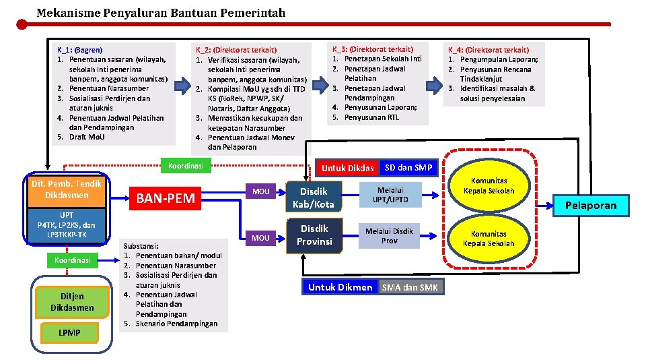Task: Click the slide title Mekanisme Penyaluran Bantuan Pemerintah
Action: pyautogui.click(x=161, y=13)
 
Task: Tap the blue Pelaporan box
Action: pyautogui.click(x=590, y=205)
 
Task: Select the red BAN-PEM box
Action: pyautogui.click(x=166, y=198)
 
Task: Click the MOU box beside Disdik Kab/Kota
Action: pyautogui.click(x=260, y=191)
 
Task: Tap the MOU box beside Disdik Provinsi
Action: pyautogui.click(x=260, y=237)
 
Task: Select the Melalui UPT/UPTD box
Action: pyautogui.click(x=390, y=195)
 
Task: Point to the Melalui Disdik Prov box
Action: pyautogui.click(x=390, y=235)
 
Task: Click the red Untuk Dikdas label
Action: pyautogui.click(x=347, y=168)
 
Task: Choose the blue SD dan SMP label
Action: pyautogui.click(x=408, y=167)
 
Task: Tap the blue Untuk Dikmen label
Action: pyautogui.click(x=340, y=287)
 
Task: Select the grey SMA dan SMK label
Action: pyautogui.click(x=410, y=287)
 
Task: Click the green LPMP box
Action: pyautogui.click(x=69, y=333)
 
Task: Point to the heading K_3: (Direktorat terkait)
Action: pyautogui.click(x=372, y=49)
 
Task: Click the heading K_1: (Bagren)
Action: pyautogui.click(x=79, y=50)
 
